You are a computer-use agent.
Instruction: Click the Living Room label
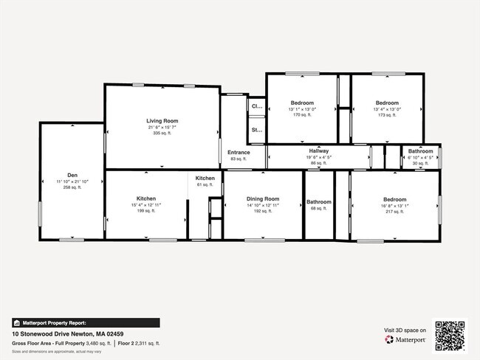point(162,120)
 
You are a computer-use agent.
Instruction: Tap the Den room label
point(72,175)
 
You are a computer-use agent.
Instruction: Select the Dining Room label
point(263,198)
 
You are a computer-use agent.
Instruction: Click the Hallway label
point(319,150)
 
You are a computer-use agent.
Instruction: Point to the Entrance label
point(239,153)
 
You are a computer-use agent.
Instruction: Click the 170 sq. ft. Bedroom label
point(302,103)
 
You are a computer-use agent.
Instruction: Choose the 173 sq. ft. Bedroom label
point(387,103)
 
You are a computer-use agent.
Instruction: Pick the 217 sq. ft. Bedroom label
point(394,199)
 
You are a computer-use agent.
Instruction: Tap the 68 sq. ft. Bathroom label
point(319,202)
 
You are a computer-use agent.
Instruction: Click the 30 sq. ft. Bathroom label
point(421,151)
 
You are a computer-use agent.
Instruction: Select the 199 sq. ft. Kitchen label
point(145,198)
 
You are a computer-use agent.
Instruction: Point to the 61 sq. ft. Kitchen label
point(205,179)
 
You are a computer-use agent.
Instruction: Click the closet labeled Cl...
point(257,106)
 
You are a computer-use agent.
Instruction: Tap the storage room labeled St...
point(257,131)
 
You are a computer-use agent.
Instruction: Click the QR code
point(450,336)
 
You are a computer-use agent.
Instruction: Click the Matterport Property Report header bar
point(85,322)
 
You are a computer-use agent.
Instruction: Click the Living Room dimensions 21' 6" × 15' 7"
point(162,127)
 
